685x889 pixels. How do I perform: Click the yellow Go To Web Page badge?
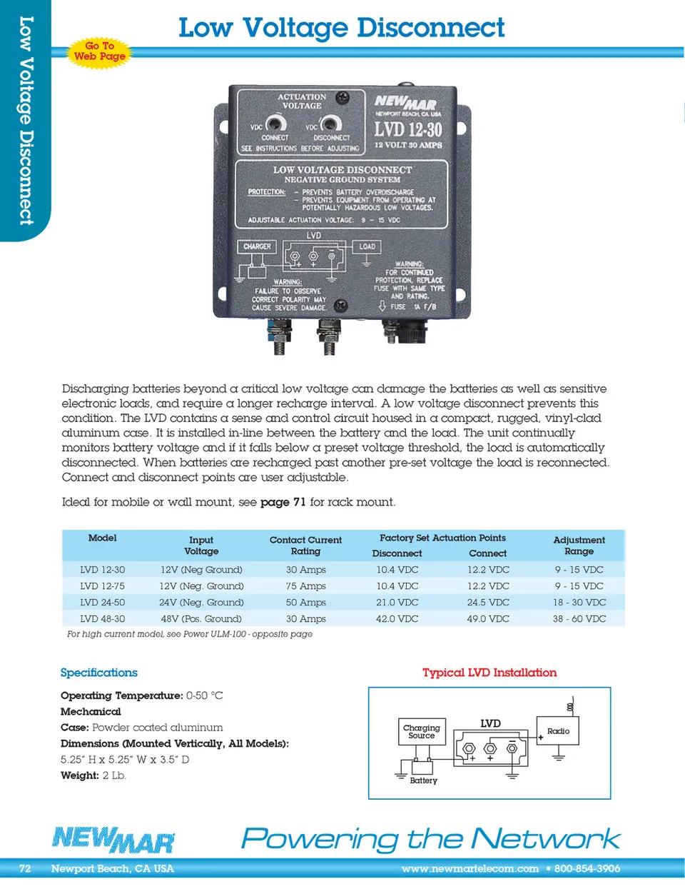pos(100,51)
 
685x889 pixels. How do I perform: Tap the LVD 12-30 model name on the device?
pos(408,129)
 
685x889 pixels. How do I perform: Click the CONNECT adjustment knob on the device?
pos(276,124)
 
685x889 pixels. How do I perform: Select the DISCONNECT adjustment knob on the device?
pos(330,124)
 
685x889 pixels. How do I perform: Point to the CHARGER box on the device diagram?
pos(257,247)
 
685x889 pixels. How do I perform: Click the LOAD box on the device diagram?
pos(367,247)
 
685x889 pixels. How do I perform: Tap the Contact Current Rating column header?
pos(305,546)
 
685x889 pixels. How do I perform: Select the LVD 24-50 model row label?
pos(102,603)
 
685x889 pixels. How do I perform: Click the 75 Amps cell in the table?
pos(305,586)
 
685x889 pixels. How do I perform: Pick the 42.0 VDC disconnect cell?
pos(397,619)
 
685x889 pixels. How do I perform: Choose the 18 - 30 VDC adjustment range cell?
pos(579,603)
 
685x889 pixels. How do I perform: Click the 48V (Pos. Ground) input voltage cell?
pos(201,619)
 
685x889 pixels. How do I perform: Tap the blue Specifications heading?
pos(98,673)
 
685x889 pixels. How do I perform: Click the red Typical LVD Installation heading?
pos(489,673)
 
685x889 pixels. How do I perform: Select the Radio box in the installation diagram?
pos(558,731)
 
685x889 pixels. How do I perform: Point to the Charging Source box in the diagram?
pos(422,731)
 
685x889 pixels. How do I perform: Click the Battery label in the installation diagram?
pos(423,780)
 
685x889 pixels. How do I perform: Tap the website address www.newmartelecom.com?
pos(470,869)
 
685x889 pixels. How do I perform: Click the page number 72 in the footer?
pos(25,869)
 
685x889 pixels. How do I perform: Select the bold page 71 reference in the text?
pos(283,502)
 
